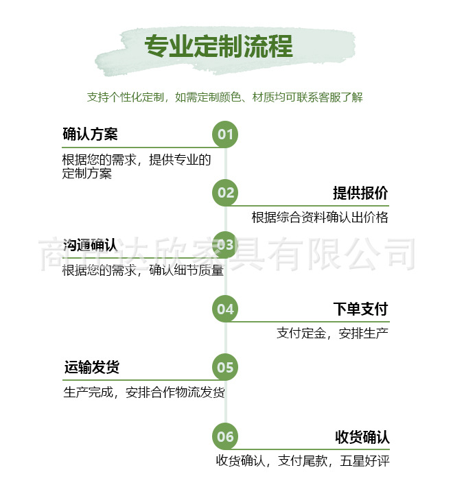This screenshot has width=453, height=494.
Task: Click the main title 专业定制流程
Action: click(x=218, y=47)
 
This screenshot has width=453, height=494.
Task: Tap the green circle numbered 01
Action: click(x=226, y=134)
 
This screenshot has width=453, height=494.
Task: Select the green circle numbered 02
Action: click(x=226, y=193)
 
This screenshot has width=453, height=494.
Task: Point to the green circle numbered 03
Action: click(x=226, y=244)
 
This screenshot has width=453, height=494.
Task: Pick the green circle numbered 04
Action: click(x=226, y=309)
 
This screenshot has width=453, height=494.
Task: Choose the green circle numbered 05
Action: click(x=226, y=368)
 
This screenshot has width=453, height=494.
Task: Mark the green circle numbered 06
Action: click(x=226, y=437)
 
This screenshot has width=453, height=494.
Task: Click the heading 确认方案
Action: click(x=90, y=134)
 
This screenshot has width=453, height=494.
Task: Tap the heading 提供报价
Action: click(x=360, y=193)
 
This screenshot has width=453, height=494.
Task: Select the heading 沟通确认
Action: click(x=90, y=245)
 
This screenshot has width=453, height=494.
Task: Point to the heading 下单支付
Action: click(x=360, y=309)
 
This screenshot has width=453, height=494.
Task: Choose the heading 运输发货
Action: click(x=91, y=368)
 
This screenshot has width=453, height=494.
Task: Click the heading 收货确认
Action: click(x=362, y=437)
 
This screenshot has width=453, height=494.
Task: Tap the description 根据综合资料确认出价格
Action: click(x=320, y=217)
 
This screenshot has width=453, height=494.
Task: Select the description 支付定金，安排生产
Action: click(x=333, y=333)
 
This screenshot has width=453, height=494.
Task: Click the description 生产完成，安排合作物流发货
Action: click(x=144, y=393)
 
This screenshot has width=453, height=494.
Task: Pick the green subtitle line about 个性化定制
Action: click(x=224, y=97)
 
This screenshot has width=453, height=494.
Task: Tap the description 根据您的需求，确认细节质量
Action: click(x=143, y=270)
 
